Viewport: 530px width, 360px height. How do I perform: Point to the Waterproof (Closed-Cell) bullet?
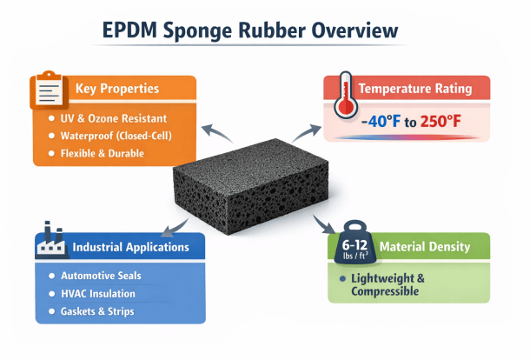click(x=121, y=136)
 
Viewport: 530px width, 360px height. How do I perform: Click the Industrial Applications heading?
click(x=131, y=247)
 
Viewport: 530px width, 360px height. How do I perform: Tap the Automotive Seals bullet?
click(x=101, y=276)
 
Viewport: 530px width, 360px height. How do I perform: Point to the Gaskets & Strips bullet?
click(x=98, y=311)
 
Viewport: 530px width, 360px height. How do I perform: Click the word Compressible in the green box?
click(x=385, y=291)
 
